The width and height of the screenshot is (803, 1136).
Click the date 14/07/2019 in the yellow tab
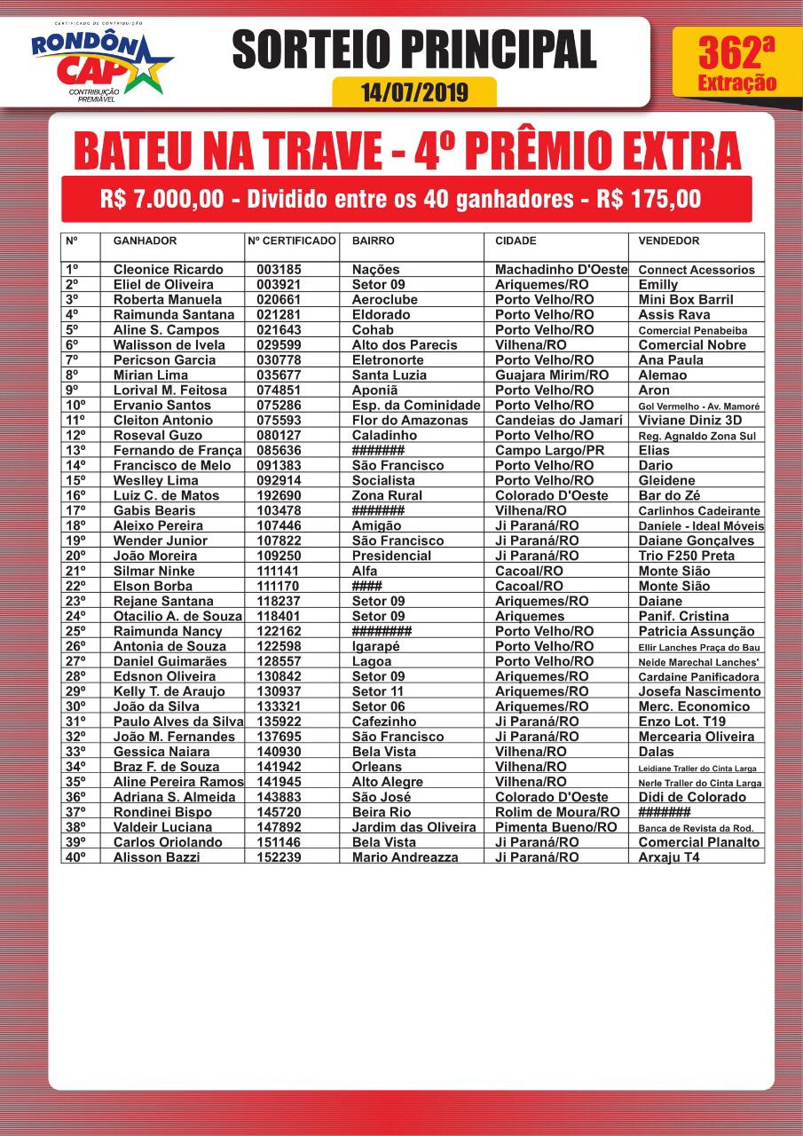pyautogui.click(x=414, y=92)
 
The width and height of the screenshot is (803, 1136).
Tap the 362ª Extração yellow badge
pyautogui.click(x=736, y=63)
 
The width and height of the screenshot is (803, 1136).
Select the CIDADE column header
pyautogui.click(x=516, y=241)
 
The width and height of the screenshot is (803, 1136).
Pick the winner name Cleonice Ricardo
pyautogui.click(x=168, y=270)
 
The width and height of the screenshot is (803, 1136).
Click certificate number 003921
pyautogui.click(x=279, y=285)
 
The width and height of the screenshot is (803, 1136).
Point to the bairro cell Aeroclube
pyautogui.click(x=384, y=300)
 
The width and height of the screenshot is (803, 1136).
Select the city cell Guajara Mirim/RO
pyautogui.click(x=552, y=375)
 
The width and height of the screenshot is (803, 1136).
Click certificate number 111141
pyautogui.click(x=279, y=572)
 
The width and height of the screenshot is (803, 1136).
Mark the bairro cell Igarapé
pyautogui.click(x=376, y=647)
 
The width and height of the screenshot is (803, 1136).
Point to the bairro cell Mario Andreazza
pyautogui.click(x=405, y=857)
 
